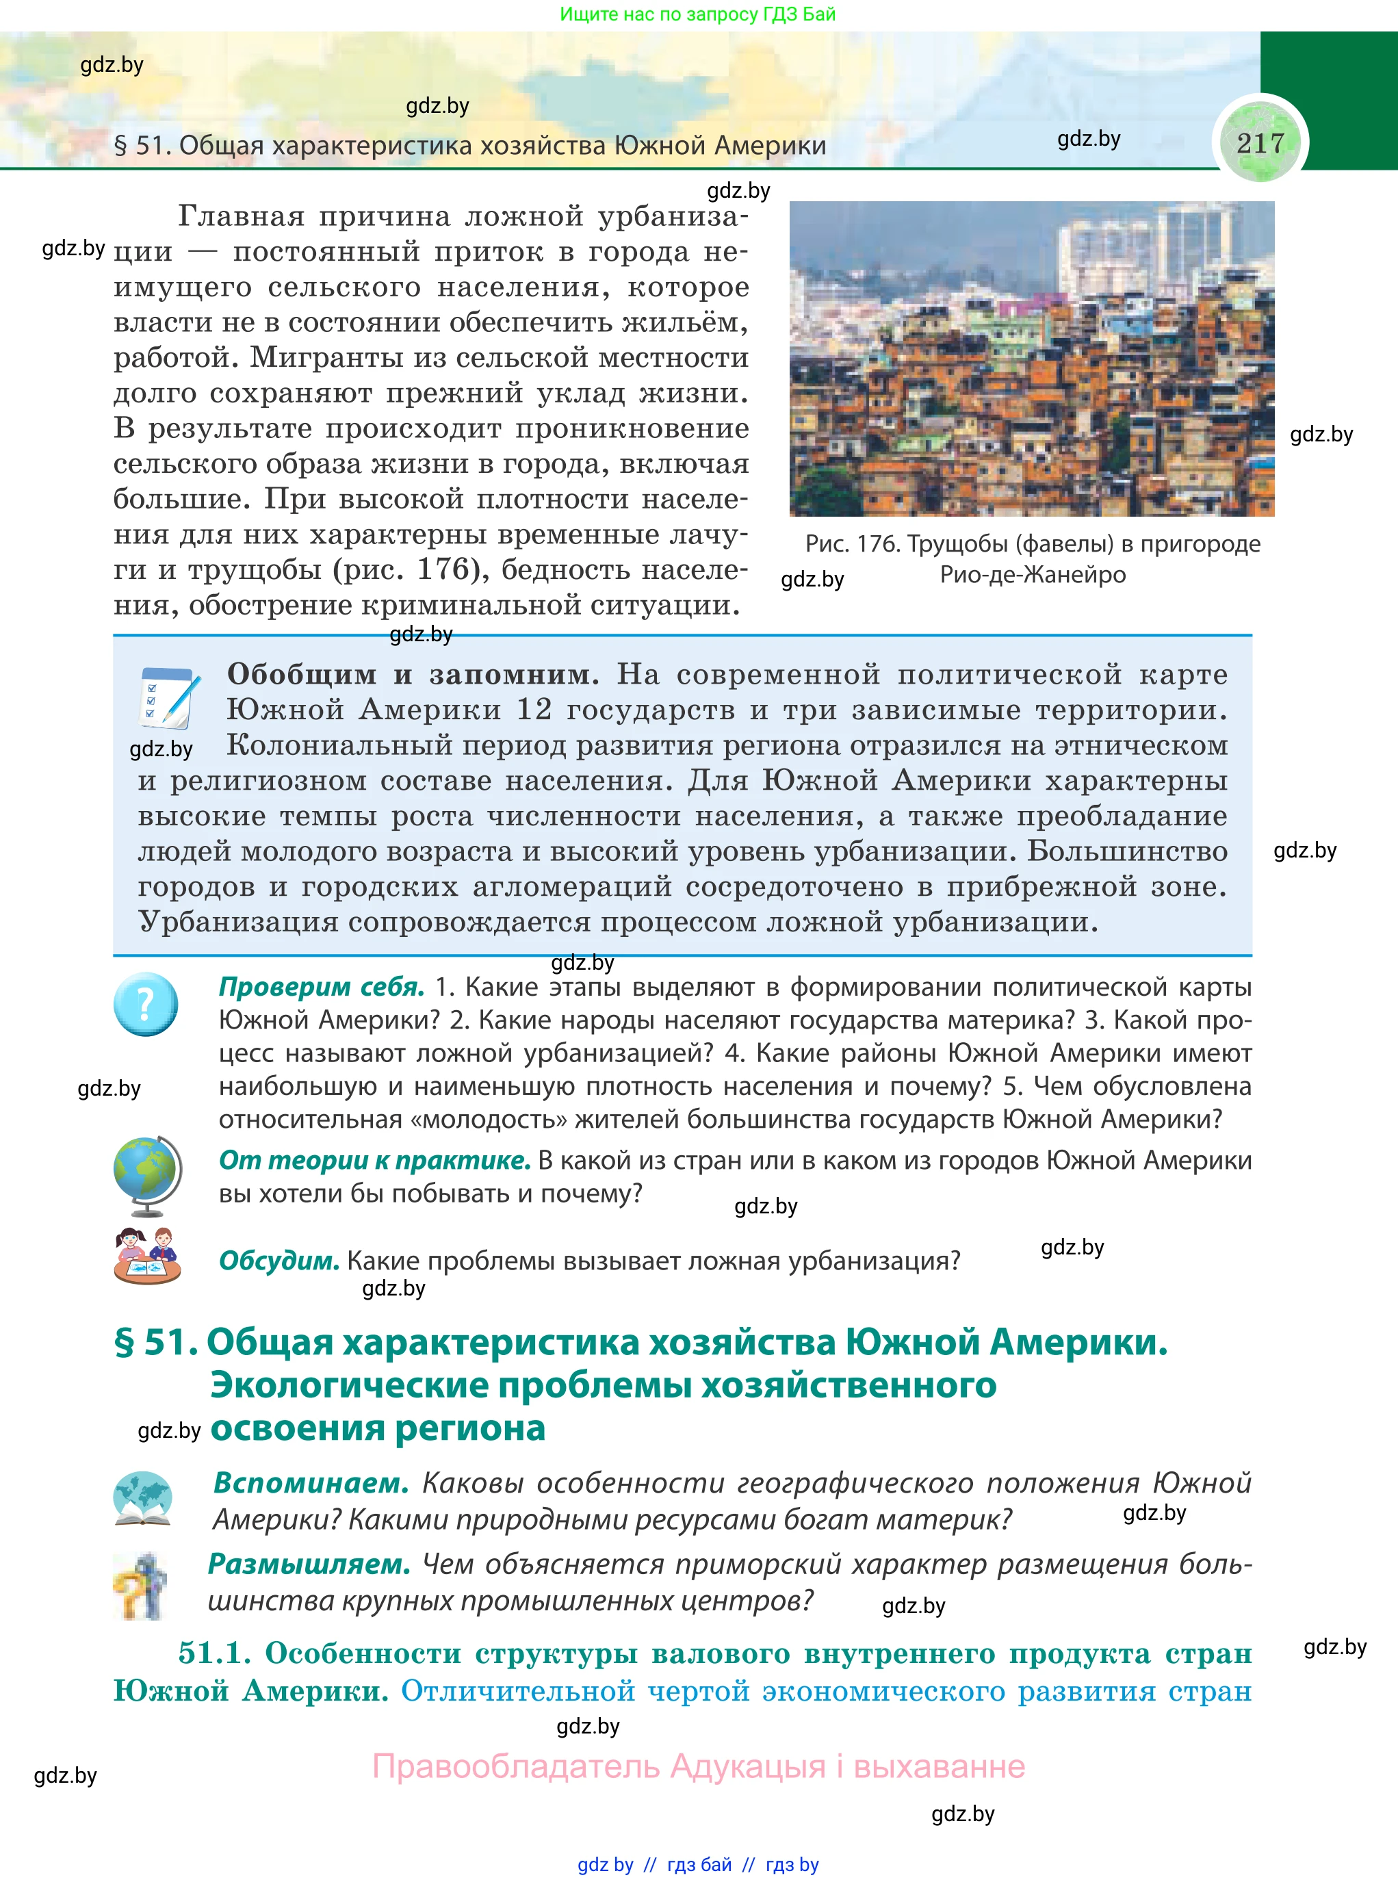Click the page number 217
pyautogui.click(x=1260, y=143)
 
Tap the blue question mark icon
pyautogui.click(x=146, y=1004)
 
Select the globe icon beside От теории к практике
pyautogui.click(x=147, y=1174)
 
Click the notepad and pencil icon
pyautogui.click(x=169, y=698)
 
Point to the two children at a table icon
pyautogui.click(x=147, y=1256)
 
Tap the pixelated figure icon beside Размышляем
pyautogui.click(x=140, y=1586)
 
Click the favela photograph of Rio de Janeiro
pyautogui.click(x=1032, y=359)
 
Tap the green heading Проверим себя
pyautogui.click(x=322, y=987)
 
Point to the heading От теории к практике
pyautogui.click(x=374, y=1160)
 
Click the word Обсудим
pyautogui.click(x=279, y=1261)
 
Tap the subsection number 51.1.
pyautogui.click(x=214, y=1653)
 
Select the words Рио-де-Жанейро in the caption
pyautogui.click(x=1033, y=576)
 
